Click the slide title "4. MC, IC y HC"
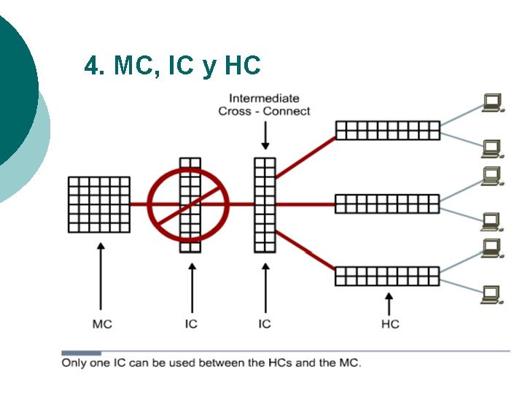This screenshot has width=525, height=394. pyautogui.click(x=172, y=66)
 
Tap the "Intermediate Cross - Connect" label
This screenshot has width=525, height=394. pyautogui.click(x=264, y=104)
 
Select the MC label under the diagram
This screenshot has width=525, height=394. pyautogui.click(x=102, y=323)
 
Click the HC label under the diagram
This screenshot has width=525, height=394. pyautogui.click(x=390, y=323)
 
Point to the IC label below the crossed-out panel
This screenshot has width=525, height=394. pyautogui.click(x=191, y=323)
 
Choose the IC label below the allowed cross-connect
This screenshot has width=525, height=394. pyautogui.click(x=265, y=323)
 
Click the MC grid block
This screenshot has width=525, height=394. pyautogui.click(x=99, y=204)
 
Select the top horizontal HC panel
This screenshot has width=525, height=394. pyautogui.click(x=387, y=130)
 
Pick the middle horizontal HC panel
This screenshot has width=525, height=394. pyautogui.click(x=387, y=204)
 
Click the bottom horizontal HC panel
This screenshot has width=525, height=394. pyautogui.click(x=387, y=276)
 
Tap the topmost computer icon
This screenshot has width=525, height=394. pyautogui.click(x=493, y=103)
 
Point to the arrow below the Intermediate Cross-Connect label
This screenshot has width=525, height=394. pyautogui.click(x=265, y=136)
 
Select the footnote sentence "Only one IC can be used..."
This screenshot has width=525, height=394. pyautogui.click(x=211, y=362)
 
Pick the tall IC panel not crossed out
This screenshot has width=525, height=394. pyautogui.click(x=265, y=204)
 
